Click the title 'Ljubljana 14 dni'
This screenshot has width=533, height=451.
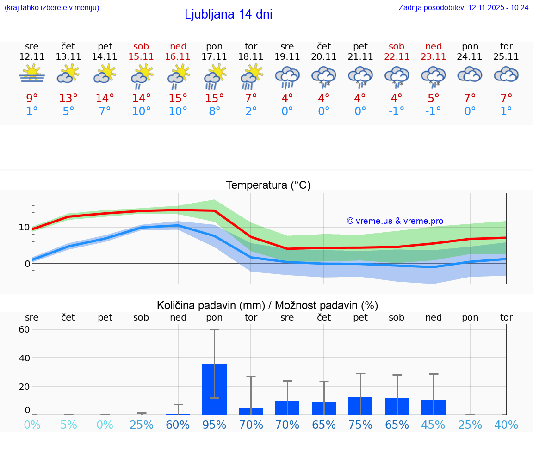[x=228, y=14]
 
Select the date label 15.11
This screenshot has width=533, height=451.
[x=141, y=56]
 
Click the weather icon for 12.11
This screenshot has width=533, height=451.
[x=31, y=74]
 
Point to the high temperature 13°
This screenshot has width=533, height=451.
[x=68, y=99]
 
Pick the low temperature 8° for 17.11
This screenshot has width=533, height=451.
[x=214, y=111]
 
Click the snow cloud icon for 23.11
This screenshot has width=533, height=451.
[x=433, y=76]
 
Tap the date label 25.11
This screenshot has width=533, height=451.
[x=506, y=56]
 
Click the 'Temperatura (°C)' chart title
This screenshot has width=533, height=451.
[x=268, y=185]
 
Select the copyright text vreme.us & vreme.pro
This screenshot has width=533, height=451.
[x=395, y=221]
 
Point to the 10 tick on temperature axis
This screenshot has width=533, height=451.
[x=24, y=227]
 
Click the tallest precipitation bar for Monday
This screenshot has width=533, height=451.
[x=214, y=389]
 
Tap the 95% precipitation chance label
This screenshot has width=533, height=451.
[x=214, y=425]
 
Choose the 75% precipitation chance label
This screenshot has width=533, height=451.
[x=360, y=425]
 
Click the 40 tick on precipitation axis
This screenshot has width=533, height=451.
[x=24, y=358]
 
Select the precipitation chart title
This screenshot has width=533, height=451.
[x=267, y=305]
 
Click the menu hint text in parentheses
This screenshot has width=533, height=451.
[x=52, y=7]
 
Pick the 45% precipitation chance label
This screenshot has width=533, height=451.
[x=433, y=425]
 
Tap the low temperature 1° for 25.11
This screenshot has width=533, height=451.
[x=506, y=111]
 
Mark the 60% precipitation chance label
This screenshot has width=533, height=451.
[x=178, y=425]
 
